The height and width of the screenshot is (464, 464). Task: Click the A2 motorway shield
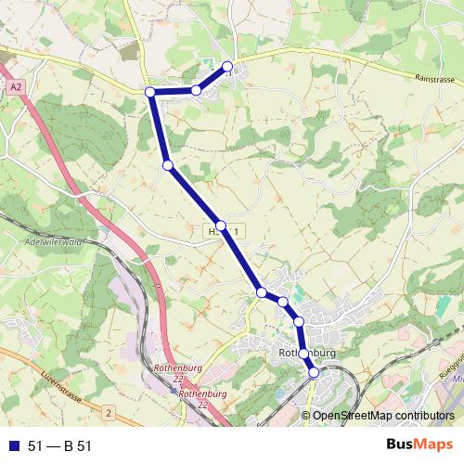17,85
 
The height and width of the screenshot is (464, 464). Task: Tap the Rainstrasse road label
436,80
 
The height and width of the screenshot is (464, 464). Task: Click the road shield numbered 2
108,411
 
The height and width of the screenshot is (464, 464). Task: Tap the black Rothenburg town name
307,354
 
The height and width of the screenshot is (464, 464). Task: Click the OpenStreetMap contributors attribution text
383,416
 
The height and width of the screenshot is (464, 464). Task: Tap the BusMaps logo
419,445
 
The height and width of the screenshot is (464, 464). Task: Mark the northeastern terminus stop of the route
228,66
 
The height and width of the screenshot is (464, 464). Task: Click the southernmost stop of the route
314,372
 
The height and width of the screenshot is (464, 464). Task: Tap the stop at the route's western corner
150,92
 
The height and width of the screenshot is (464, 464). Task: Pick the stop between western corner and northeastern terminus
197,90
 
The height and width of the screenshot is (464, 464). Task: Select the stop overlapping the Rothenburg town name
303,354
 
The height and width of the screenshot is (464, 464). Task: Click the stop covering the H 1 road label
222,226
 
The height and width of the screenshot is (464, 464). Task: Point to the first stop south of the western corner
168,165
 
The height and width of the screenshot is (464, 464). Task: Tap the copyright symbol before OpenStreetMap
307,416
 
